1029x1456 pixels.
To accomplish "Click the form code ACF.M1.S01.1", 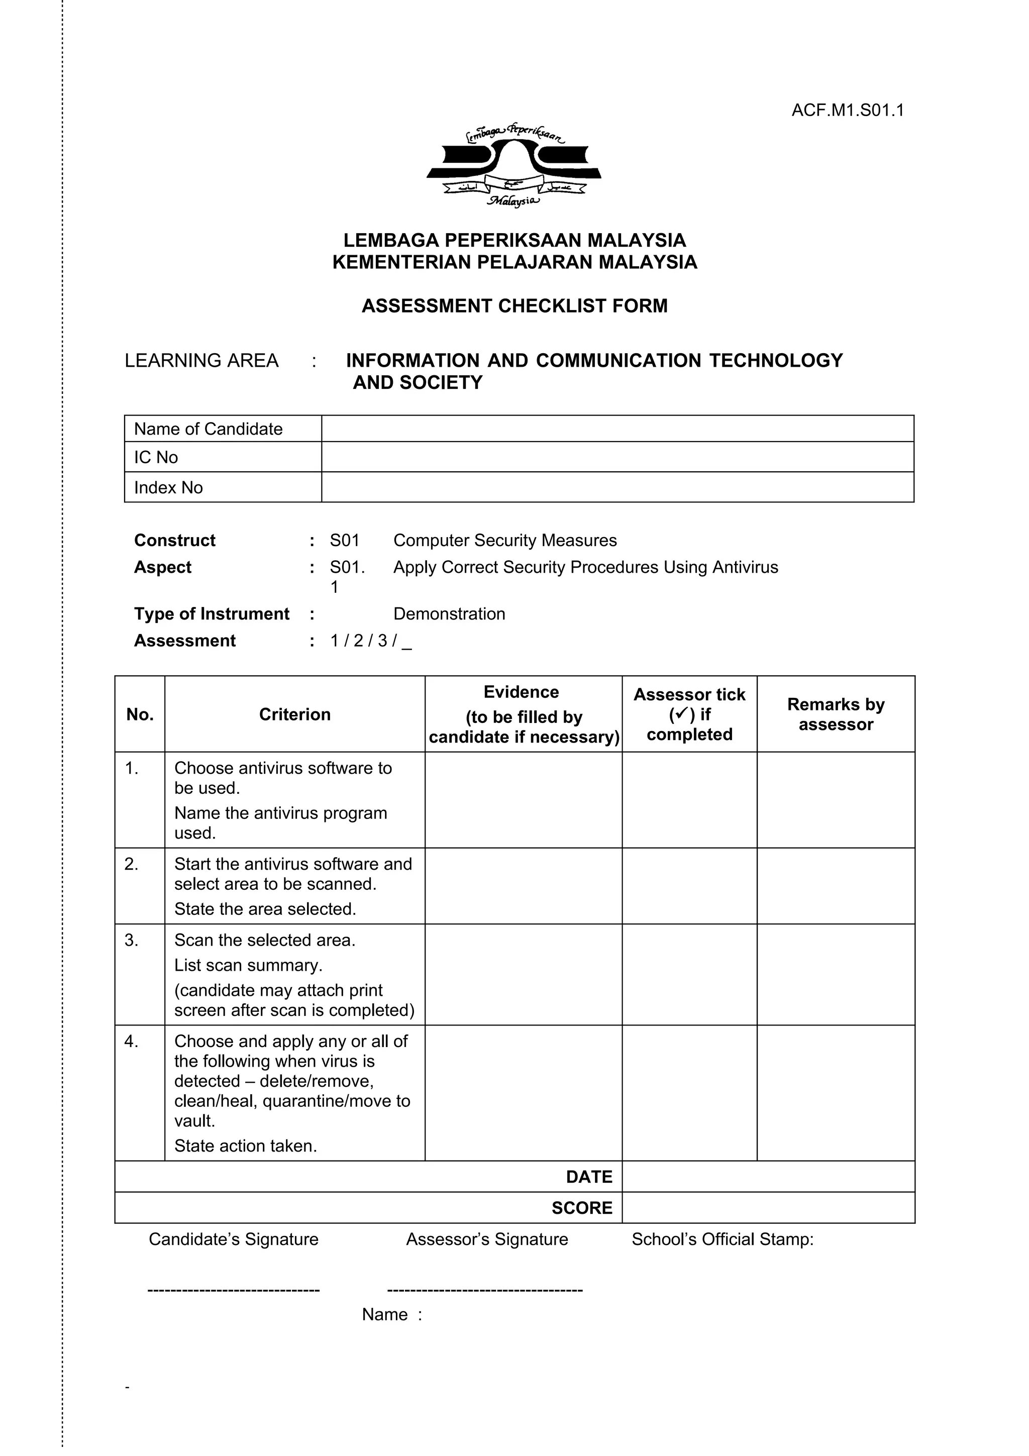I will [847, 111].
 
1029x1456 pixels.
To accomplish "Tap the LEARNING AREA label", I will [201, 360].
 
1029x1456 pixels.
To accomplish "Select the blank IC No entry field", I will [617, 457].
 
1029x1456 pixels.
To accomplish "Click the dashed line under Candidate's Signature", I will [233, 1290].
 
